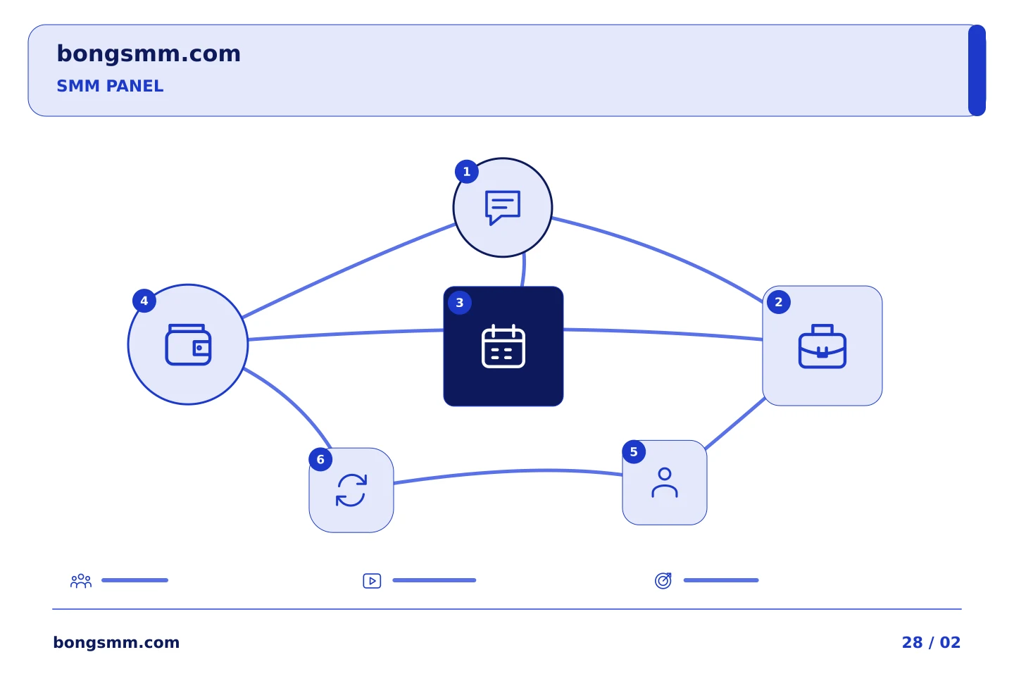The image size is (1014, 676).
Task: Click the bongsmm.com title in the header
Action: tap(149, 54)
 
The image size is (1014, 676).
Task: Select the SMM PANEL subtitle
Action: tap(110, 86)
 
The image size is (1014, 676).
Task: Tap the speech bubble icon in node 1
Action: tap(503, 207)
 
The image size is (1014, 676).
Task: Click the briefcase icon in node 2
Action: tap(822, 346)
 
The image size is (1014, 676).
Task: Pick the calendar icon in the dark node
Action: tap(503, 346)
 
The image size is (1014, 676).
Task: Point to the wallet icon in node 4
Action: tap(188, 344)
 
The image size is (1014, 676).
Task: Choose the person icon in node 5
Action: tap(665, 482)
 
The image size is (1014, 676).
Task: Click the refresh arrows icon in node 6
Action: tap(351, 490)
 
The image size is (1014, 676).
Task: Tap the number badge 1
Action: tap(467, 172)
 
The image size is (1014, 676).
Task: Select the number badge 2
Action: tap(779, 302)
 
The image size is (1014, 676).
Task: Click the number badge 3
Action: tap(459, 303)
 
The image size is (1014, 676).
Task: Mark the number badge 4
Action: tap(144, 301)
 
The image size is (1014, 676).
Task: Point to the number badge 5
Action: tap(634, 451)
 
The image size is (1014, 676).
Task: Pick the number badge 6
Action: tap(320, 459)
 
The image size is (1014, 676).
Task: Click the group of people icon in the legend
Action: tap(81, 580)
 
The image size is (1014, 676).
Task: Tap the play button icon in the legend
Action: tap(372, 581)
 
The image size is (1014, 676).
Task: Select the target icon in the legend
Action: tap(663, 580)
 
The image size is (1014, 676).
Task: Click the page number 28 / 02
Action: tap(931, 642)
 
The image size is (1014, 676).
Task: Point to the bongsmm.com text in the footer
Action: tap(116, 642)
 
